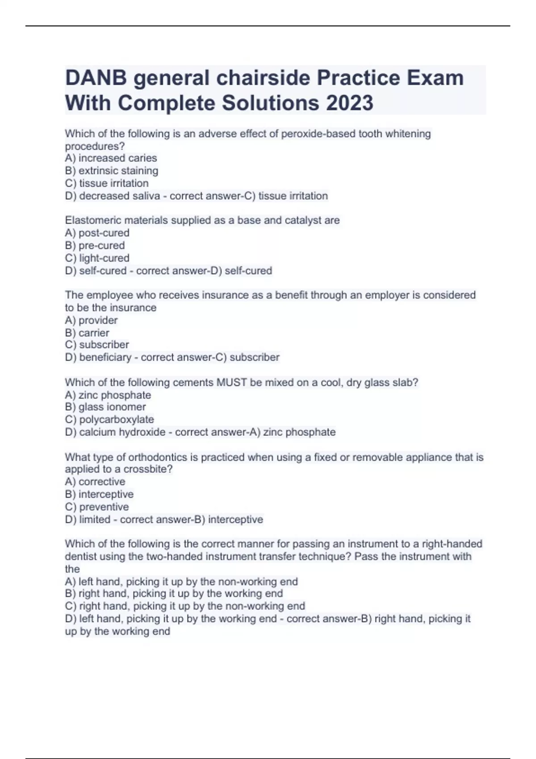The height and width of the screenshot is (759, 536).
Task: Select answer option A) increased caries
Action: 111,158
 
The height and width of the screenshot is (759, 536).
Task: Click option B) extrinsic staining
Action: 111,171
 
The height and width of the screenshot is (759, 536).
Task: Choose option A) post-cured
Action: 97,233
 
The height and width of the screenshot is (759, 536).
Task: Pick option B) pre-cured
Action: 95,245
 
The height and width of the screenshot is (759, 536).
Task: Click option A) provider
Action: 91,320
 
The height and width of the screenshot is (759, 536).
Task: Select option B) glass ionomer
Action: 105,407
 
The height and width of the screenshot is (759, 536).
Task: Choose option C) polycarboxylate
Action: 109,419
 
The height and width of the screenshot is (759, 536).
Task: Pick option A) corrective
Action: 95,482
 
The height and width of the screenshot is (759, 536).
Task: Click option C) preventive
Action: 97,507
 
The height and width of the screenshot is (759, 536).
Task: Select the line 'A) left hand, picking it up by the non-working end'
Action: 181,581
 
